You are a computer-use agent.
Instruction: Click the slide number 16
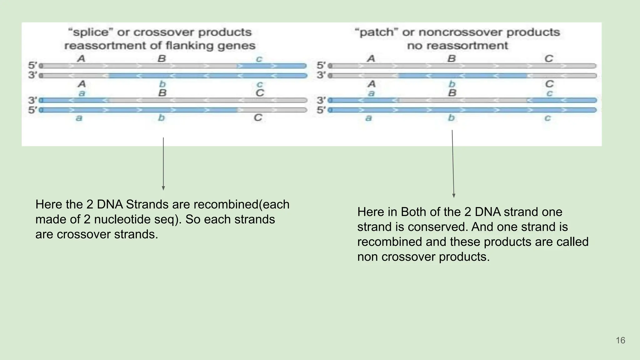[x=620, y=340]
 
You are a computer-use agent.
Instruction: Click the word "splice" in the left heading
[x=91, y=32]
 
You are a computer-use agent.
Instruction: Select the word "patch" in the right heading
[x=376, y=32]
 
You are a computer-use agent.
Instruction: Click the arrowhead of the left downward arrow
[x=163, y=188]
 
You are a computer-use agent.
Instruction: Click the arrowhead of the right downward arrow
[x=454, y=196]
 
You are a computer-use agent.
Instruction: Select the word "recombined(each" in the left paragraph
[x=242, y=204]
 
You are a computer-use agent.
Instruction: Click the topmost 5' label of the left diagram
[x=32, y=66]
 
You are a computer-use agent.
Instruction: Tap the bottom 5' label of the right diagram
[x=321, y=110]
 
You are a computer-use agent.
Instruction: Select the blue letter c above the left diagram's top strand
[x=259, y=59]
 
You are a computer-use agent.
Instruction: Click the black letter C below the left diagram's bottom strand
[x=258, y=118]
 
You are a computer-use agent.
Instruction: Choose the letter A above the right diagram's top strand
[x=371, y=58]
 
